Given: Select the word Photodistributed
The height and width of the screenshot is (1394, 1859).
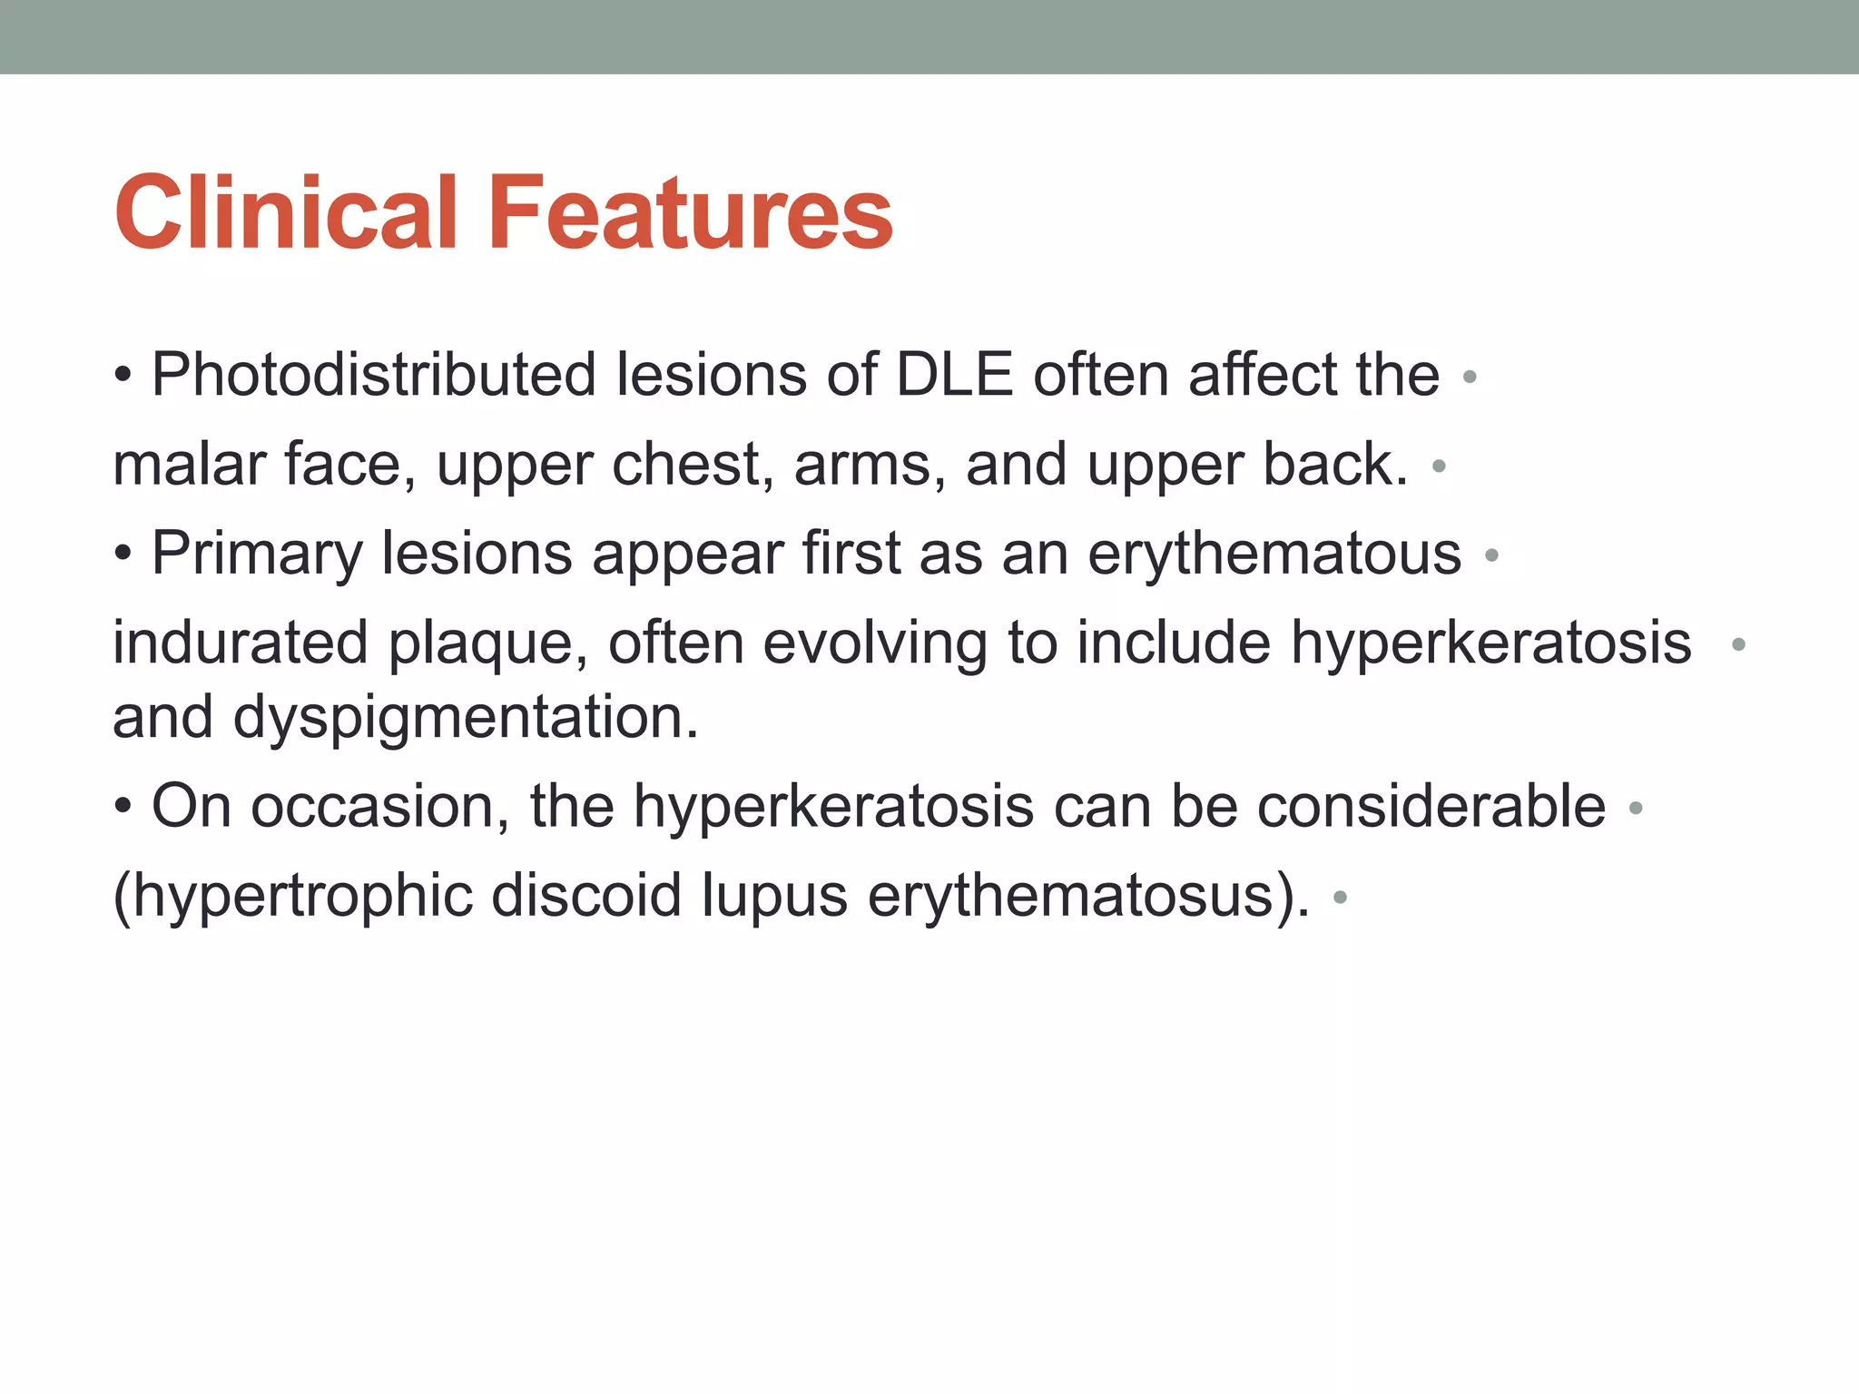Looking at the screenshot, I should click(373, 374).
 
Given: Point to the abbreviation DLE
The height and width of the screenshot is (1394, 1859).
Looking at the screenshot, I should click(954, 374).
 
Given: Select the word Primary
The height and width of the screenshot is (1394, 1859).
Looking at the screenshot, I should click(256, 553).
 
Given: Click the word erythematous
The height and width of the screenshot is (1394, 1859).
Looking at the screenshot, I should click(1274, 553).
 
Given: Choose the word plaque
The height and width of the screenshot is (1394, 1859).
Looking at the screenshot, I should click(488, 643).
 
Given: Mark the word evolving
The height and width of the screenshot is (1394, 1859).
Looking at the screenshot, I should click(874, 643).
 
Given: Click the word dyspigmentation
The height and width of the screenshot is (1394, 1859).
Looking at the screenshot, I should click(466, 716).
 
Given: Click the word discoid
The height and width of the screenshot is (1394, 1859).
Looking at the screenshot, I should click(585, 895).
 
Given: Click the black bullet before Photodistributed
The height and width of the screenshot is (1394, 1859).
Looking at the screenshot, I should click(123, 375).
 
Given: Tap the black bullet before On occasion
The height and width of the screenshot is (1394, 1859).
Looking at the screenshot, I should click(123, 806).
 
